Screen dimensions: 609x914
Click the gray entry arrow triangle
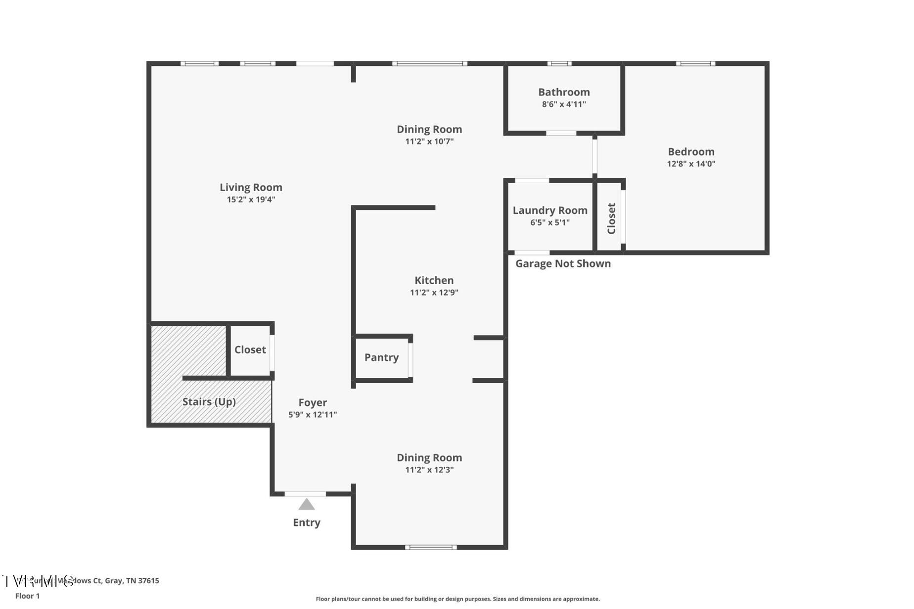[x=307, y=505]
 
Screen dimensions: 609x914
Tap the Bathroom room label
[x=564, y=92]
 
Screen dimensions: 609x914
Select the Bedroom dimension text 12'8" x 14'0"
[x=691, y=164]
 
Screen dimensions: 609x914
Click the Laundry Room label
[x=550, y=210]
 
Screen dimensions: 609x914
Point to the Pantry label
[x=381, y=357]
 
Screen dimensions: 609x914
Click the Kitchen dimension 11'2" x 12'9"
[x=434, y=293]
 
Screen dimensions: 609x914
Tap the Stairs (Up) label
[x=209, y=402]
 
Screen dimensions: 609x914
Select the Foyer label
[x=313, y=403]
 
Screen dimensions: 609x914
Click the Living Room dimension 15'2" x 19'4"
[x=251, y=200]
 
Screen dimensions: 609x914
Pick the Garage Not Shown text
[x=563, y=263]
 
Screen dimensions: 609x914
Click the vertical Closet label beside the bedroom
[x=611, y=218]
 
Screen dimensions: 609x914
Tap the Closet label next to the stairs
[x=250, y=350]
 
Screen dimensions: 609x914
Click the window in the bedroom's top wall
[x=695, y=63]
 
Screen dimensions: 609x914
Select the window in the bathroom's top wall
[x=559, y=63]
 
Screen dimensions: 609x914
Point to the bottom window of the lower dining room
[x=431, y=547]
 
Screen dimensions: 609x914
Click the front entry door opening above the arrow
[x=305, y=494]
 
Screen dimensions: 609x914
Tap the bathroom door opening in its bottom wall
[x=561, y=133]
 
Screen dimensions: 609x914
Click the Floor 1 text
[x=27, y=596]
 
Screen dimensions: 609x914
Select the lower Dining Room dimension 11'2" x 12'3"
[x=429, y=470]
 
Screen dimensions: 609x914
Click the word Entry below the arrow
[x=307, y=522]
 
